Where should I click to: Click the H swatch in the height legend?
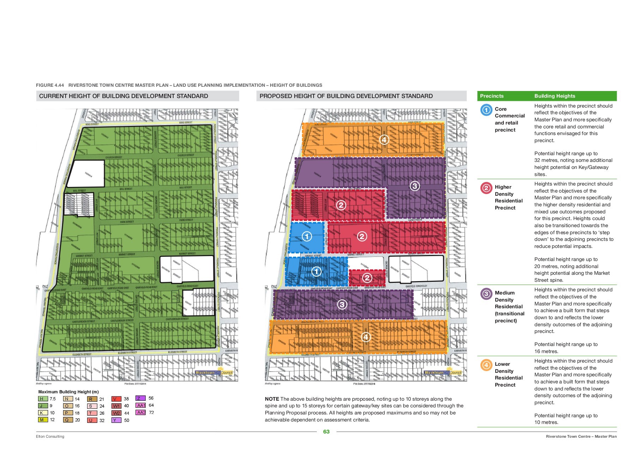[x=43, y=399]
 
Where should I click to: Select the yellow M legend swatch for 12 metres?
[x=43, y=420]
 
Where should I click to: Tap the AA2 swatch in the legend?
[x=140, y=412]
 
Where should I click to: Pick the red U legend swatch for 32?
[x=92, y=420]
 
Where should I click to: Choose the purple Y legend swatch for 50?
[x=116, y=420]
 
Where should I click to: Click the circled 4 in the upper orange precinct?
[x=384, y=140]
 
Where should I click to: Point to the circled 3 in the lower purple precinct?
[x=342, y=304]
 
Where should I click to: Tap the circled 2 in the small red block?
[x=367, y=278]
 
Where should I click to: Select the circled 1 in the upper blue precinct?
[x=307, y=236]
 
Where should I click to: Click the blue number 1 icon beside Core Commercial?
[x=486, y=110]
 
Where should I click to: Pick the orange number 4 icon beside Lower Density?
[x=486, y=365]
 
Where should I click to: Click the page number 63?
[x=326, y=432]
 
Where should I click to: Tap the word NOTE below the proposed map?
[x=272, y=399]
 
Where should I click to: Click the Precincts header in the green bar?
[x=491, y=96]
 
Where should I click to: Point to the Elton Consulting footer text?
[x=50, y=436]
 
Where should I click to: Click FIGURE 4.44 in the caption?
[x=50, y=85]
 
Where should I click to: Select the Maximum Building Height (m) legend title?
[x=68, y=392]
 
